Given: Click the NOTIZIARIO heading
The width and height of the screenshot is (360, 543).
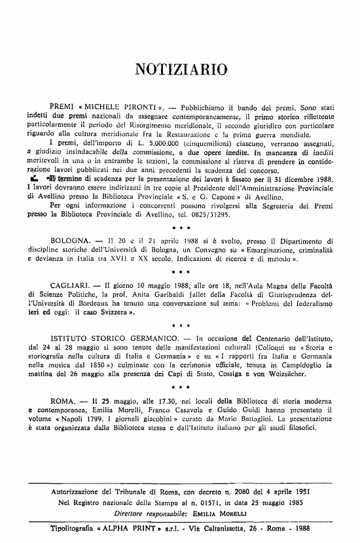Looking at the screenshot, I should pos(180,67).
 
